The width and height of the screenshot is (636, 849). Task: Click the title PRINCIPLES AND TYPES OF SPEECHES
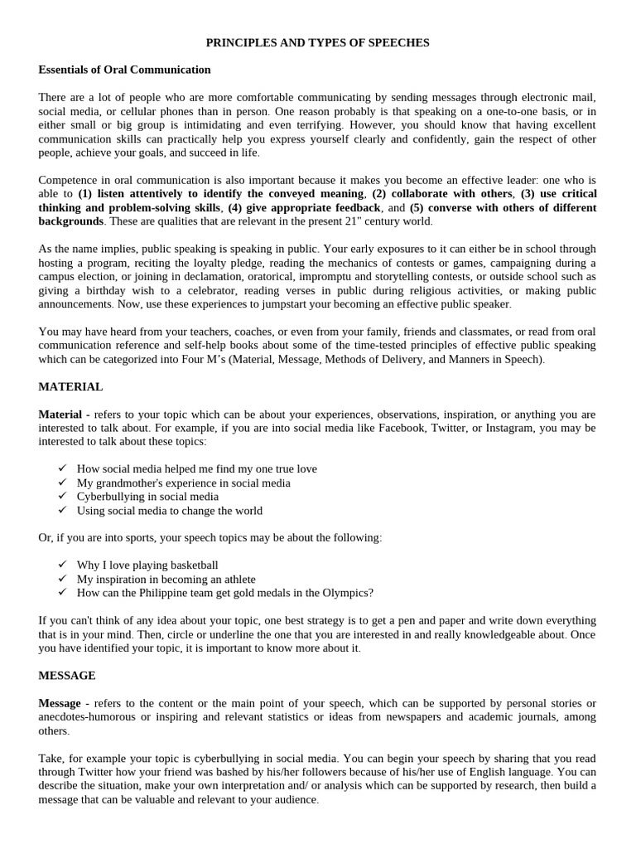(x=318, y=42)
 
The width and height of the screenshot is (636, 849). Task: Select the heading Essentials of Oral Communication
(x=124, y=70)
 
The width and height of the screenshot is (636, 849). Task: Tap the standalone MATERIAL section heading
(x=70, y=386)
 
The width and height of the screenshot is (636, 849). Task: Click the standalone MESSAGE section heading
(x=67, y=676)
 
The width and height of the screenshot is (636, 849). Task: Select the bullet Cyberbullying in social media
(x=147, y=497)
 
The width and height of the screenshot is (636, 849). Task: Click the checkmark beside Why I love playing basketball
(x=62, y=565)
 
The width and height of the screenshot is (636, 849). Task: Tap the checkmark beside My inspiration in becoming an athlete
(x=62, y=579)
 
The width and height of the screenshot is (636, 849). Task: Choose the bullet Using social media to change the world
(x=169, y=511)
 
